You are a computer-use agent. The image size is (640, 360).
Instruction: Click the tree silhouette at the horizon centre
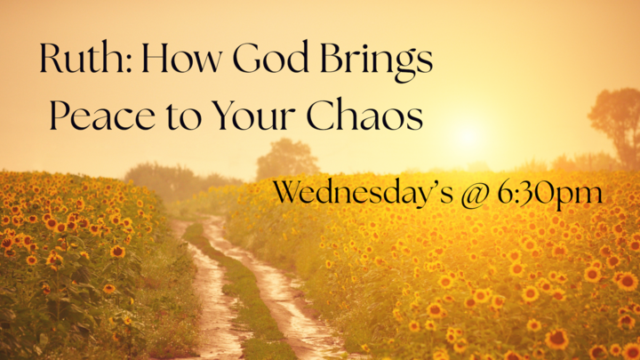286,159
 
